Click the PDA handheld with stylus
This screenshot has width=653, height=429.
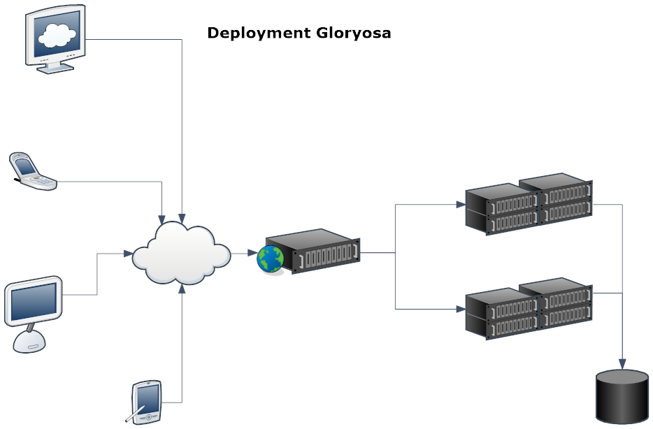pos(147,402)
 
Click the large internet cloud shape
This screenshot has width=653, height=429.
pos(181,253)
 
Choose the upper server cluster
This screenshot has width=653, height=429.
pos(529,205)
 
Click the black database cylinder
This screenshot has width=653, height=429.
pos(622,397)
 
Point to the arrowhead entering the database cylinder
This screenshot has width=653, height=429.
pos(622,365)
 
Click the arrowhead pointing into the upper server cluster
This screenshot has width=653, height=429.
pos(461,205)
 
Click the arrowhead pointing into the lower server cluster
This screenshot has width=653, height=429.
pos(461,308)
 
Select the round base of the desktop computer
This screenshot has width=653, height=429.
pos(32,340)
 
